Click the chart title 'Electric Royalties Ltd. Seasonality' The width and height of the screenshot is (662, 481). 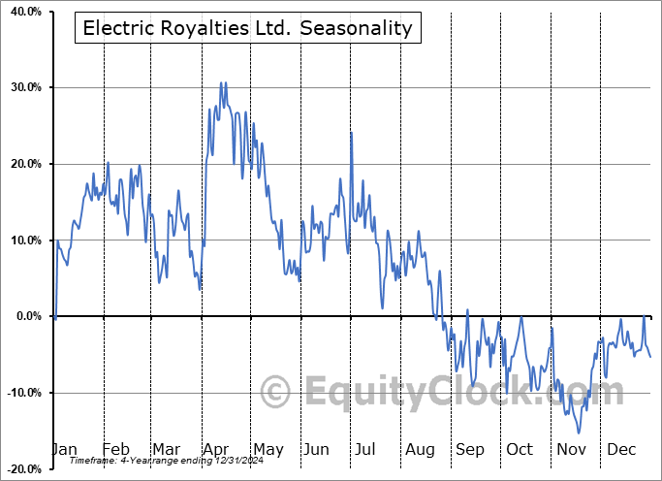[x=247, y=28]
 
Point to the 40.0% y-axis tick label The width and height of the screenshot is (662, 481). [x=23, y=12]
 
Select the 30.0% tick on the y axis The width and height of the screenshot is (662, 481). [x=23, y=88]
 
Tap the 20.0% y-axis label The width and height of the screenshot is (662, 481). [x=23, y=164]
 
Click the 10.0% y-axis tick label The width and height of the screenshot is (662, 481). [x=23, y=240]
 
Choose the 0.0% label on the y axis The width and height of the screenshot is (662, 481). [x=26, y=316]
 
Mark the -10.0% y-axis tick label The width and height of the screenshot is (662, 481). [x=21, y=393]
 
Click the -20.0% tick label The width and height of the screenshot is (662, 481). [x=21, y=468]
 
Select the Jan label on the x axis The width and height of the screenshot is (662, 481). [x=64, y=449]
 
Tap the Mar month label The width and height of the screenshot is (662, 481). [x=166, y=449]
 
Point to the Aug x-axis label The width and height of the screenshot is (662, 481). [x=420, y=449]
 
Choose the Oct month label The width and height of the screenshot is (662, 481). [x=520, y=449]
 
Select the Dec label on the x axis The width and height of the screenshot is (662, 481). [x=621, y=449]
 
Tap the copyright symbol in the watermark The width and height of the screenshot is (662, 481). [x=276, y=393]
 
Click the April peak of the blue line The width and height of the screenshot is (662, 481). [x=221, y=83]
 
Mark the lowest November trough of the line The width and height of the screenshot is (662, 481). [x=580, y=433]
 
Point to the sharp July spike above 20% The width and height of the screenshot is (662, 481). [x=351, y=133]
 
